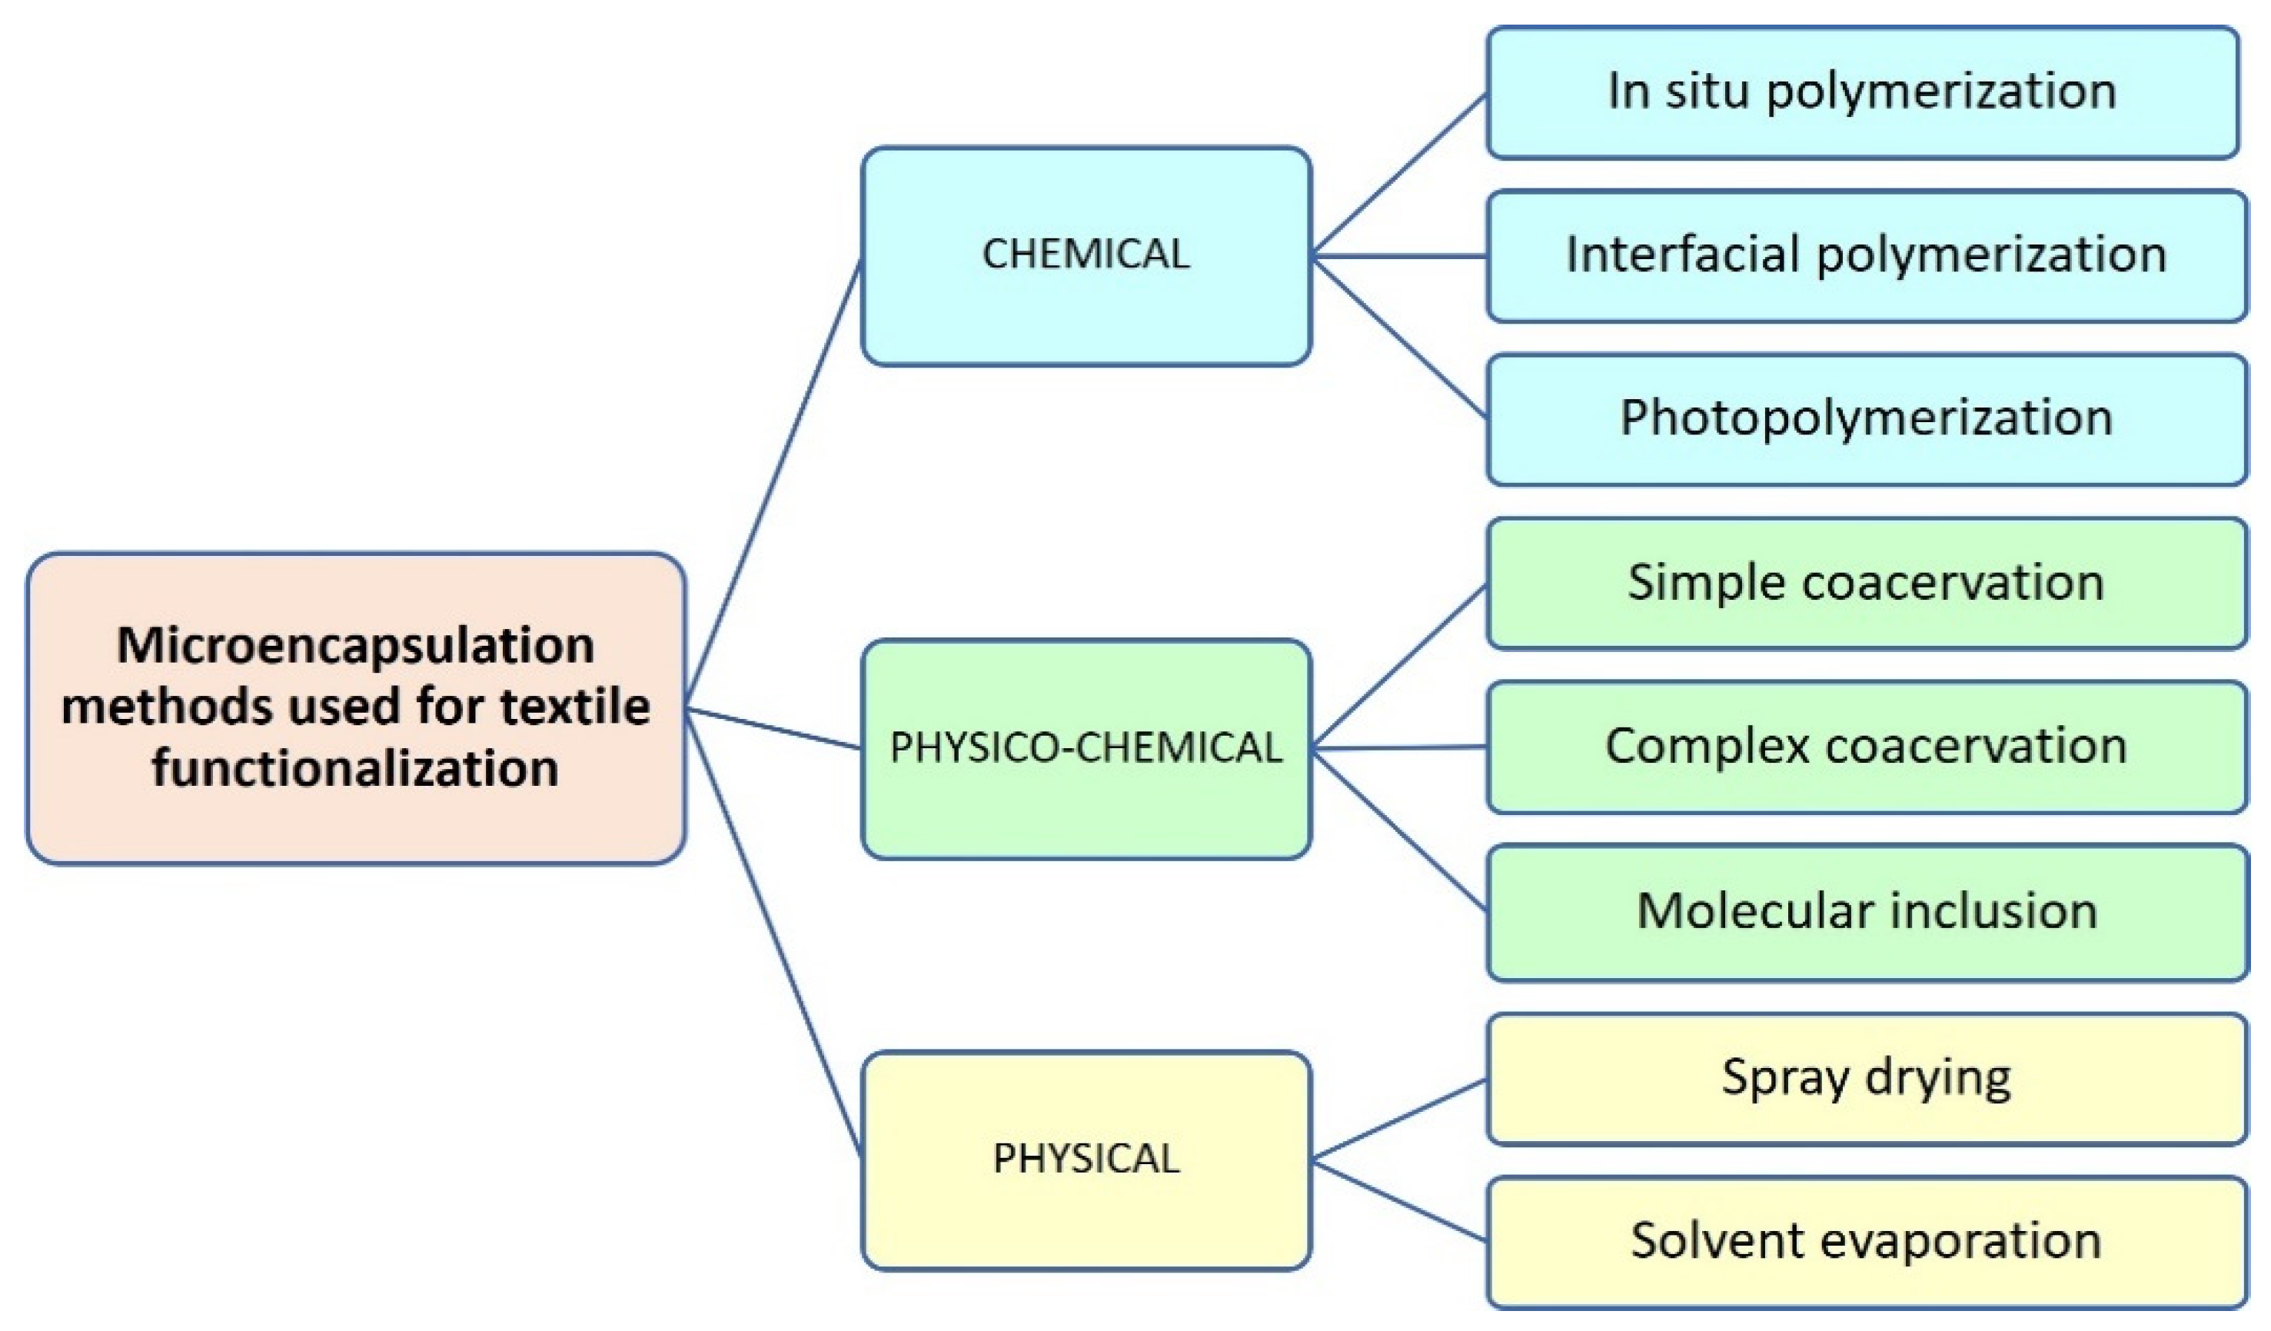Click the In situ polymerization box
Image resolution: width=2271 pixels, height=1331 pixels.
[x=1862, y=93]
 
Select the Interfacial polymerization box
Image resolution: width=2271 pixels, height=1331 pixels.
[x=1865, y=256]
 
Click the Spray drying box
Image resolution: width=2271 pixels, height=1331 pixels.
[x=1865, y=1078]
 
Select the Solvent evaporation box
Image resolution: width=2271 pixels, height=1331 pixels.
[x=1865, y=1242]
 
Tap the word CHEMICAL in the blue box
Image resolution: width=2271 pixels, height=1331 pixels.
[x=1086, y=254]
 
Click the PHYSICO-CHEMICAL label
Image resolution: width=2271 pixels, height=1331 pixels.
[x=1086, y=748]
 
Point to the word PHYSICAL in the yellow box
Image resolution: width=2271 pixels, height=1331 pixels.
[x=1086, y=1159]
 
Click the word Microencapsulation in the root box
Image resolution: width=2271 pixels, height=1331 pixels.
[x=355, y=646]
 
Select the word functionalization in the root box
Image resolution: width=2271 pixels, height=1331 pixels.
[x=355, y=769]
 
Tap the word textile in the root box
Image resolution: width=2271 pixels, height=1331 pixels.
[x=574, y=707]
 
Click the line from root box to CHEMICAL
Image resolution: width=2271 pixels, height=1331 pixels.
[x=773, y=484]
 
